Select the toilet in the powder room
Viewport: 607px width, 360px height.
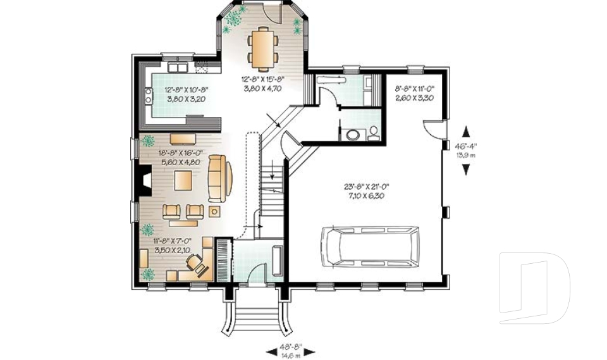point(374,133)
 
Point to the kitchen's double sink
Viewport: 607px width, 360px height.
point(176,67)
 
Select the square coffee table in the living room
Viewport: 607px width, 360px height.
point(185,179)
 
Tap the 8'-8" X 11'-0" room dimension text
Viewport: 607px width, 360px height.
point(412,94)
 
